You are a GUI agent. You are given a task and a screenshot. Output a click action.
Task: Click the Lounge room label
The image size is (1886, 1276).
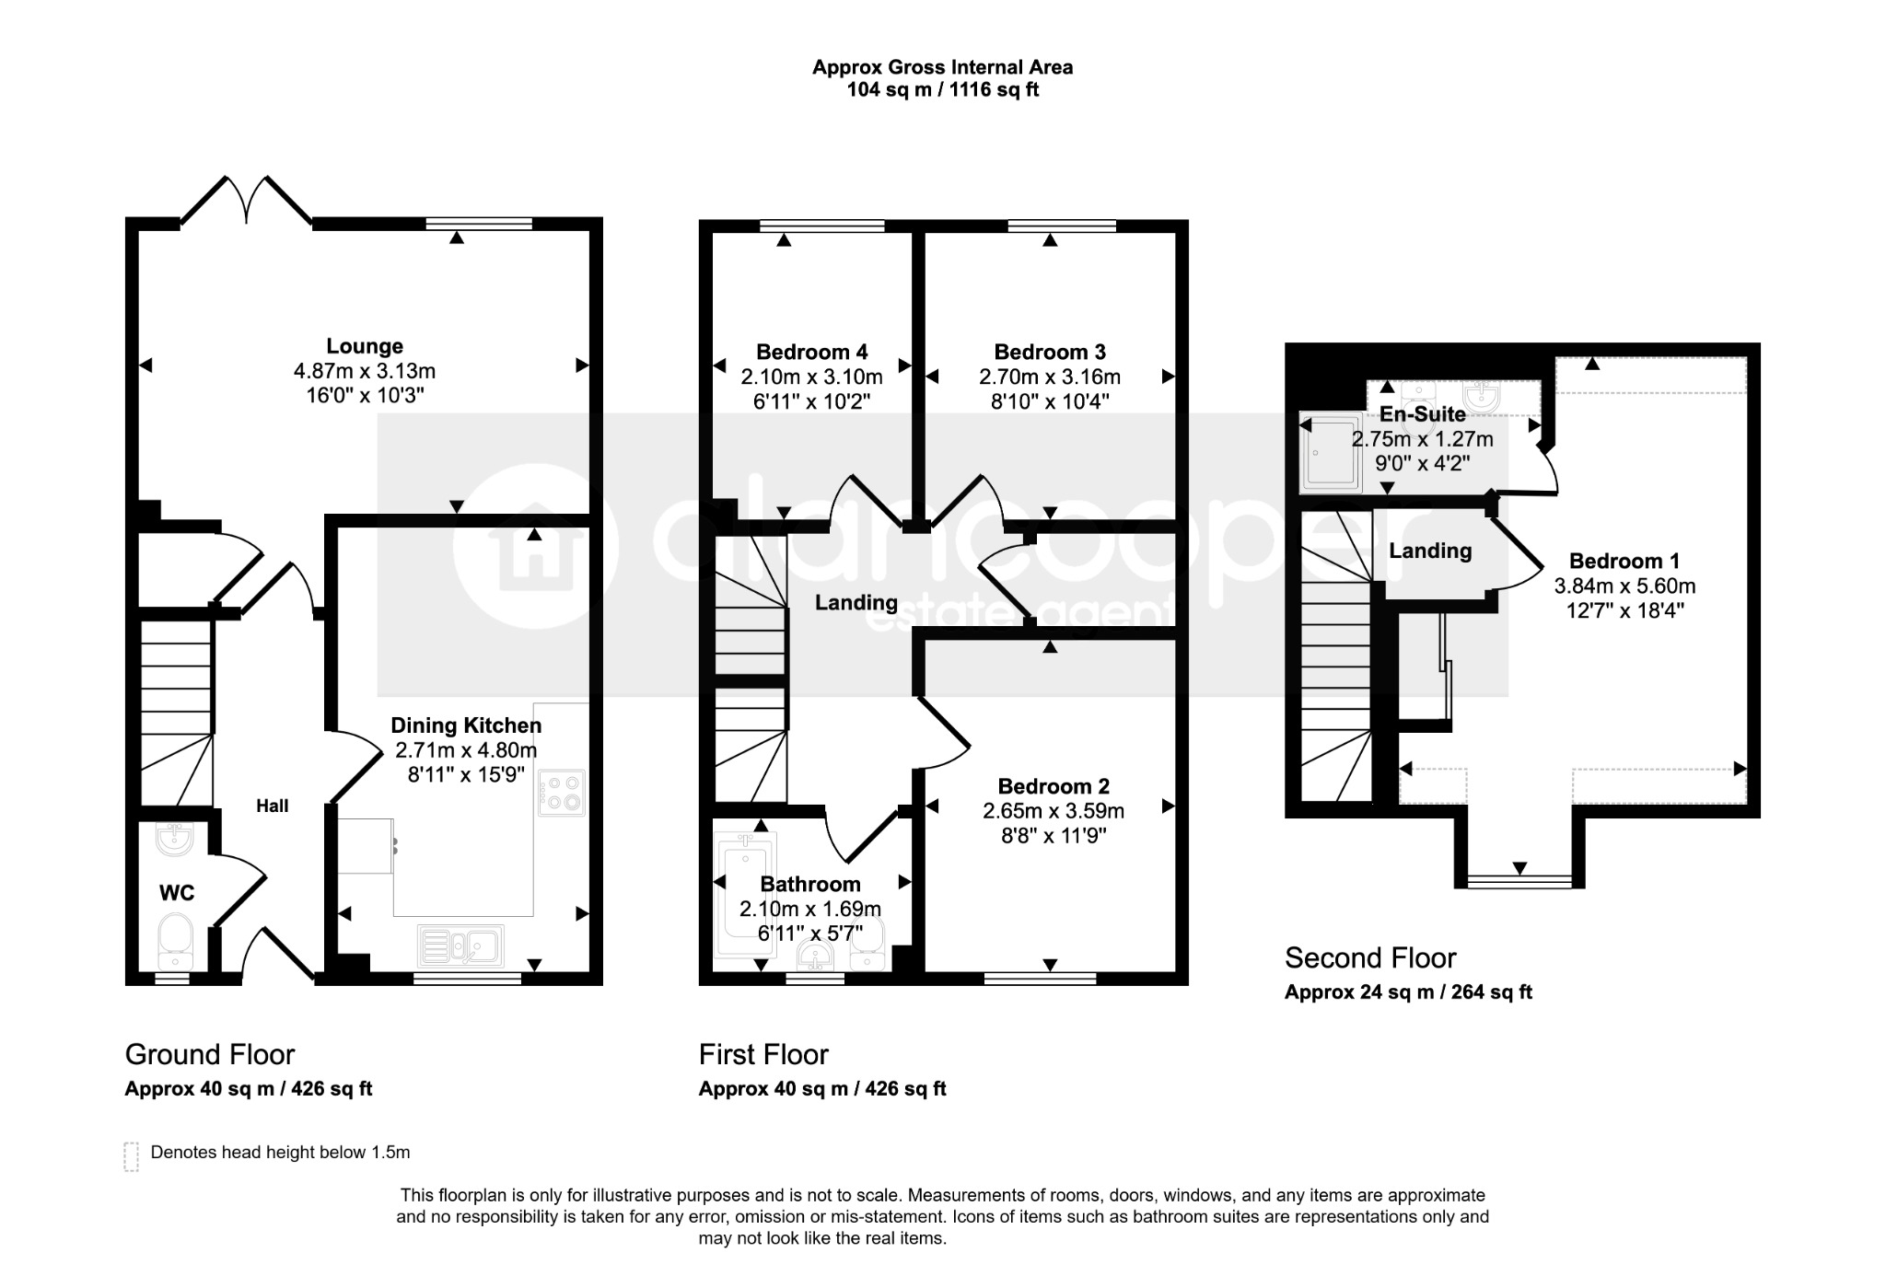(365, 347)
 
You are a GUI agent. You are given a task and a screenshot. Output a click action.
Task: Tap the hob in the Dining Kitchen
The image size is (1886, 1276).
(562, 793)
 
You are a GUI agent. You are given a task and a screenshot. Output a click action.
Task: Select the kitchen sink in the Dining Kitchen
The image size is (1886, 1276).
(460, 945)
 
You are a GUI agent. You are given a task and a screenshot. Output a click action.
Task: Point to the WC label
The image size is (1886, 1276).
(177, 893)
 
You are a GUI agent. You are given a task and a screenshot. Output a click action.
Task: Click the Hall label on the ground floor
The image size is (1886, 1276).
(273, 806)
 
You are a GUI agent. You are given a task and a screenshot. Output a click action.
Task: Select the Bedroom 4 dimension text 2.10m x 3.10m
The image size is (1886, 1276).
(812, 377)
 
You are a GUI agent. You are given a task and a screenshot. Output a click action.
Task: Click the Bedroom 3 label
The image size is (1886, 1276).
(1050, 352)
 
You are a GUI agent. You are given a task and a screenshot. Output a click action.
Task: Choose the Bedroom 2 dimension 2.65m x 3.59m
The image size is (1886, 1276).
(1054, 811)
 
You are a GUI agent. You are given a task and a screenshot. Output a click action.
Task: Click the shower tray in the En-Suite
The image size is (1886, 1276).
(1330, 451)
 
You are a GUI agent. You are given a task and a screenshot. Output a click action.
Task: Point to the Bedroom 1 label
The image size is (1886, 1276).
(1624, 561)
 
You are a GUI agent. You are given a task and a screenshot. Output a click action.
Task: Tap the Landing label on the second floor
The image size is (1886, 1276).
(1430, 551)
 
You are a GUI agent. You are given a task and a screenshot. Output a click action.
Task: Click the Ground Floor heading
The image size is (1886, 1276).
(210, 1054)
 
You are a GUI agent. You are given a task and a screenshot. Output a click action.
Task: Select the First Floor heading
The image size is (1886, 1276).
(763, 1054)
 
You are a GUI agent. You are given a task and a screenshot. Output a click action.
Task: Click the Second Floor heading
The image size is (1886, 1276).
(1370, 958)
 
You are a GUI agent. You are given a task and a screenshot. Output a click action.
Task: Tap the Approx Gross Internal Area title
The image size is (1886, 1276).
(942, 67)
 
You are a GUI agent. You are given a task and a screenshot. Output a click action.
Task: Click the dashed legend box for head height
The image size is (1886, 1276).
(131, 1156)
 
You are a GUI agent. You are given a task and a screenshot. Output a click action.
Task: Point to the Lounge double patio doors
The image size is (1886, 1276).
(246, 199)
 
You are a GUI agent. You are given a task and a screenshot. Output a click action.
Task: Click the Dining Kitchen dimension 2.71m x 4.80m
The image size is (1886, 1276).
(465, 750)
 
